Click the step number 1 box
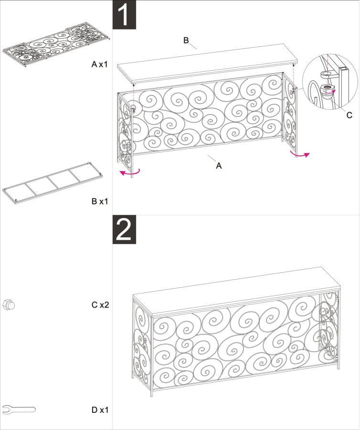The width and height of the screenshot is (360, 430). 124,15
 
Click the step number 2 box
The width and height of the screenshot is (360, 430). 124,230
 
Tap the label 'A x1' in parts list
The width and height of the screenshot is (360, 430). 99,64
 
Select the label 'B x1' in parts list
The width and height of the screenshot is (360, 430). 99,201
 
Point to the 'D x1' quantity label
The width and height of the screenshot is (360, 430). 100,409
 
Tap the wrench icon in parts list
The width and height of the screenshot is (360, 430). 19,409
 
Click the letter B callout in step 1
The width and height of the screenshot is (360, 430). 186,40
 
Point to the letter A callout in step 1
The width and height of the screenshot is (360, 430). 219,166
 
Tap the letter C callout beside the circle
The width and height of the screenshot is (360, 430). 349,115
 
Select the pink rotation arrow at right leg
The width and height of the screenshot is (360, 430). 300,154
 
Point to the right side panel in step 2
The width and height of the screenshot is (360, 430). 329,330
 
